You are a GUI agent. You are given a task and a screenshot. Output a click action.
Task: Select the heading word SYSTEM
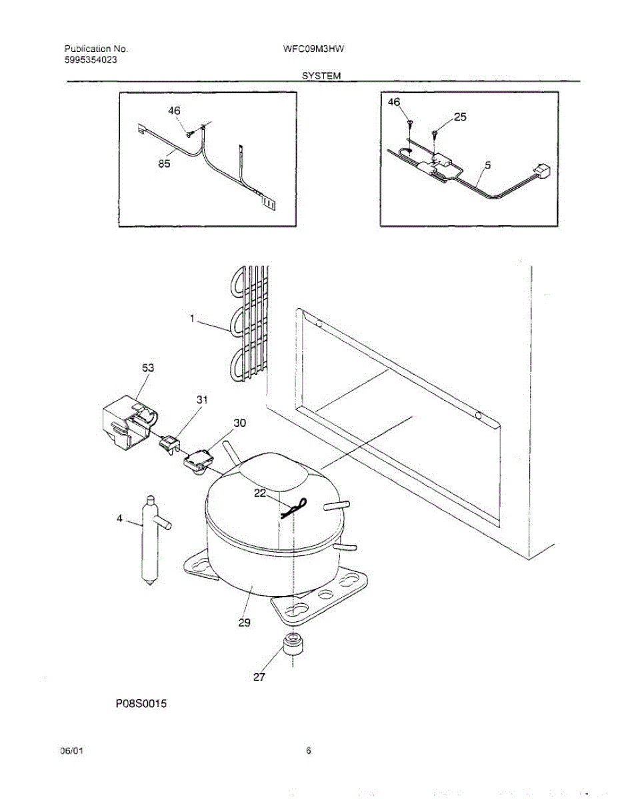(321, 76)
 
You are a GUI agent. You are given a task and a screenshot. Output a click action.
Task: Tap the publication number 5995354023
(93, 59)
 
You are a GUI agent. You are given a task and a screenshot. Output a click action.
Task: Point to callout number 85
(164, 164)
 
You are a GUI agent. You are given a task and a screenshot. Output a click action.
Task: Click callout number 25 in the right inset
(460, 117)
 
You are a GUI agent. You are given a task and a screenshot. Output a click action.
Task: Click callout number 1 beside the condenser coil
(192, 319)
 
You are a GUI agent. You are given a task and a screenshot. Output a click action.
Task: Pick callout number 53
(148, 367)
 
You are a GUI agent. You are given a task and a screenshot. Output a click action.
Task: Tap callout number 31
(202, 400)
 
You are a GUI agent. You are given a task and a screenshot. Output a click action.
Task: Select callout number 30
(239, 423)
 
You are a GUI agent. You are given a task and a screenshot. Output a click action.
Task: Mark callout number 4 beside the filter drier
(120, 519)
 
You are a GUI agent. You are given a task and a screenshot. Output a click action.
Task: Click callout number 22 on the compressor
(259, 493)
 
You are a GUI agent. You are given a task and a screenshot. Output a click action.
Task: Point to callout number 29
(245, 623)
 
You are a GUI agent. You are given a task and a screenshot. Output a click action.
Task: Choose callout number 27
(259, 677)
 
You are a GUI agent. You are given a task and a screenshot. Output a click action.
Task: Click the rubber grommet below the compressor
(291, 645)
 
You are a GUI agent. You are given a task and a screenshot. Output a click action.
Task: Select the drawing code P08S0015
(139, 703)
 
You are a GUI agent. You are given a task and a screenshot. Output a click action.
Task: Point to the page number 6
(309, 752)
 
